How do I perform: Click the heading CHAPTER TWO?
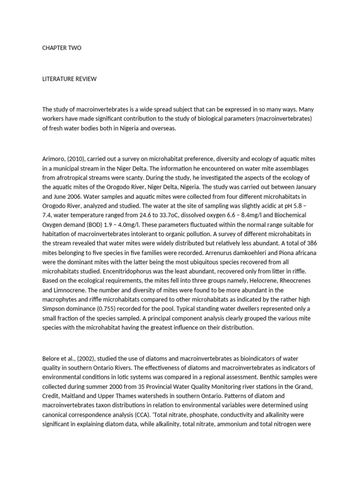click(x=61, y=48)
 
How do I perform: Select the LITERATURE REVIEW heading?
click(x=69, y=79)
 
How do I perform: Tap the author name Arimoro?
click(x=54, y=159)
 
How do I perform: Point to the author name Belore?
click(x=52, y=359)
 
